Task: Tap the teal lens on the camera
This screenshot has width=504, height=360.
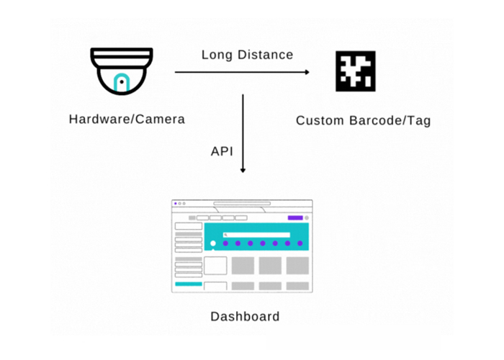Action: click(122, 84)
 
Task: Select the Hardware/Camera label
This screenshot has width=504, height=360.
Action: click(127, 119)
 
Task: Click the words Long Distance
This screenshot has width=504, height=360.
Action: click(247, 55)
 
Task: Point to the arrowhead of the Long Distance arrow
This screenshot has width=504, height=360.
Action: click(307, 72)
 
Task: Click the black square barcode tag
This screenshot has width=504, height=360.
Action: click(356, 71)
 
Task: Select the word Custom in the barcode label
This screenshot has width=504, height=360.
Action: click(320, 120)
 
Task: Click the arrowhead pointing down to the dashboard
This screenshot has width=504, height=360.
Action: click(243, 170)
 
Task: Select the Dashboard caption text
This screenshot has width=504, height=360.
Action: click(245, 316)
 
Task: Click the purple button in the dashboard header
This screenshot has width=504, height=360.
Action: click(295, 217)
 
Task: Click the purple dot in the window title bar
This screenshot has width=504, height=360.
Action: click(175, 204)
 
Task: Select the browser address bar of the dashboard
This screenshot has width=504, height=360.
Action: click(242, 204)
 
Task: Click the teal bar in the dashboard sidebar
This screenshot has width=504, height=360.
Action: click(189, 284)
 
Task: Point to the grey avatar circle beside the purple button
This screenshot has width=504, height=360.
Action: click(307, 217)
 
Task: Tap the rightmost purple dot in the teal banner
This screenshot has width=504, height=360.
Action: click(300, 243)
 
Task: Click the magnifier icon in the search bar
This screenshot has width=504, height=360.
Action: click(225, 235)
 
